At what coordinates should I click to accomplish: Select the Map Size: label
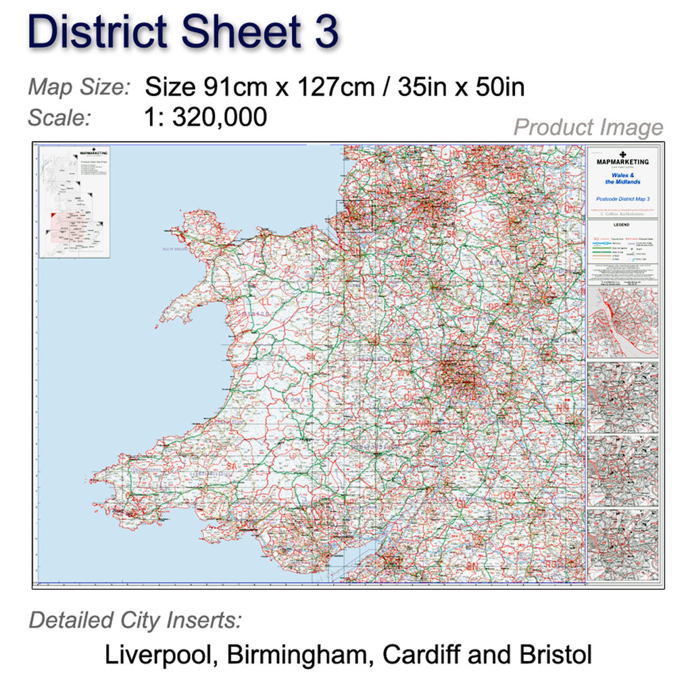79,87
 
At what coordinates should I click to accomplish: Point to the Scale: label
59,118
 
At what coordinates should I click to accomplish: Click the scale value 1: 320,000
205,118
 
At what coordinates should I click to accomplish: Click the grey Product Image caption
588,127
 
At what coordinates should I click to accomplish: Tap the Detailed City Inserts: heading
135,620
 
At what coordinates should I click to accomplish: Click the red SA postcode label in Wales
234,466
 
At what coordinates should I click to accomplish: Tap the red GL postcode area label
462,503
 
